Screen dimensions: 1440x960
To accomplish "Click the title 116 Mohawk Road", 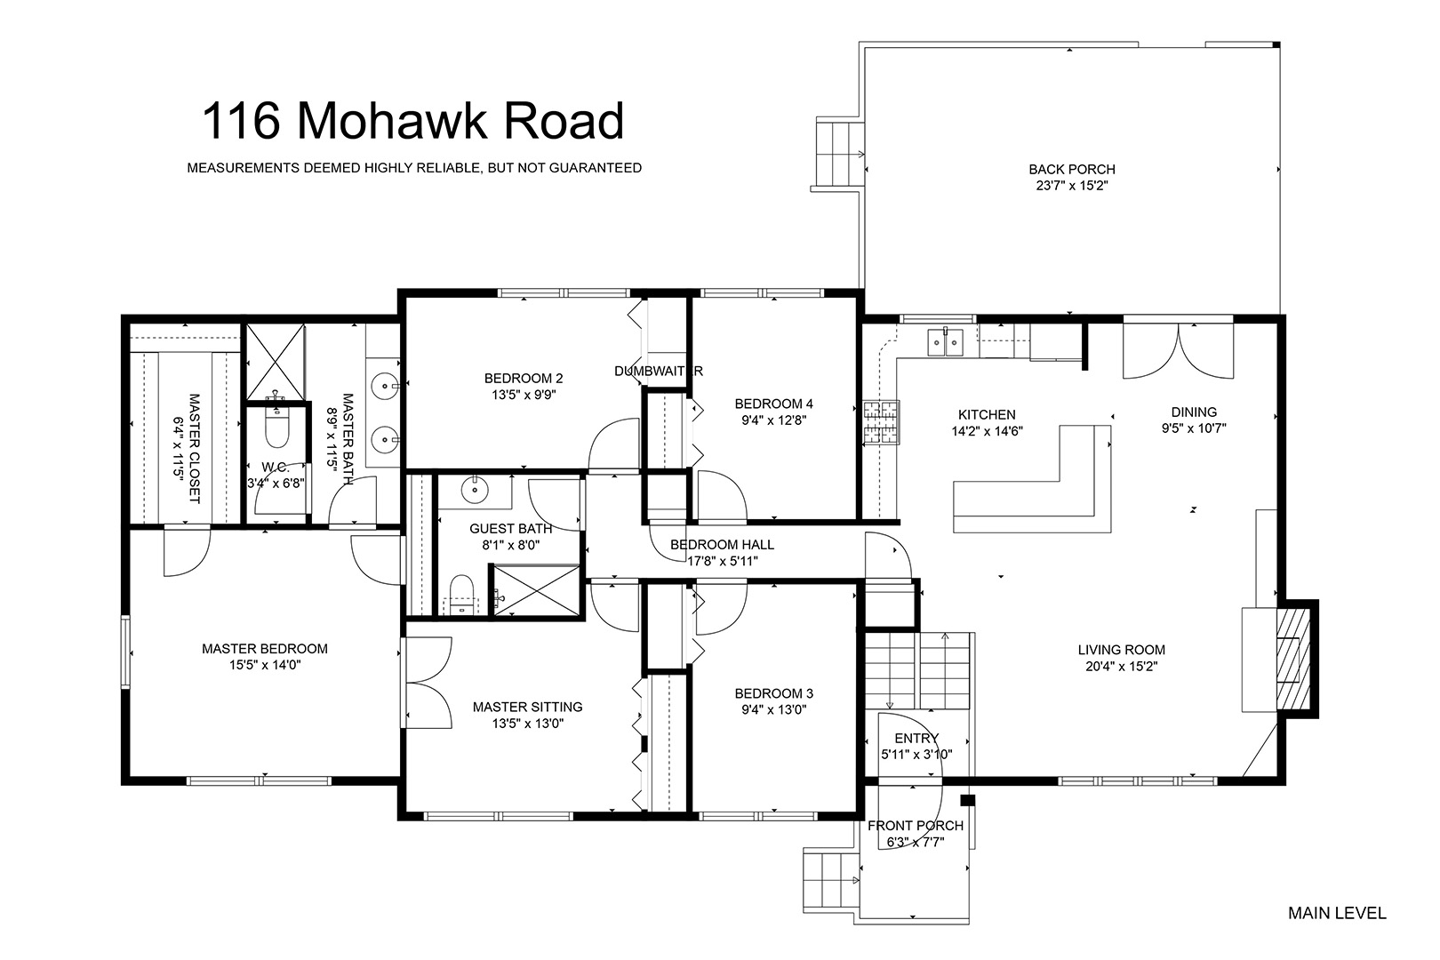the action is (412, 120).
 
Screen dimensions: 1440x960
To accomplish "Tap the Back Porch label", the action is (1072, 169).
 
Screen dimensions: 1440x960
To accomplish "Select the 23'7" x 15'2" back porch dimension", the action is (1072, 186).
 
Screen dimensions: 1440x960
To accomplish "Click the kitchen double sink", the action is (945, 342).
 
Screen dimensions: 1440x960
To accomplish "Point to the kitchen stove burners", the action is (882, 422).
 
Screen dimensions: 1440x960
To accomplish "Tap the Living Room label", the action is (1121, 650).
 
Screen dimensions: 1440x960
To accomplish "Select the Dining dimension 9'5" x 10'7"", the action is (1194, 428).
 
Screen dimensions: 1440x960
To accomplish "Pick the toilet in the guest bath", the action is (461, 594).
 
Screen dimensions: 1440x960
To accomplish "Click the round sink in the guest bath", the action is (475, 491).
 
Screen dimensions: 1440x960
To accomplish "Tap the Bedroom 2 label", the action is (524, 378).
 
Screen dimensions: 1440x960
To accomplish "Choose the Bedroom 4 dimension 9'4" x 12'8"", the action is (774, 420).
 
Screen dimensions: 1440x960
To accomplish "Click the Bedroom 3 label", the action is (774, 693).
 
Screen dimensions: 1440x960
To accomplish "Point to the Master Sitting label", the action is (528, 707).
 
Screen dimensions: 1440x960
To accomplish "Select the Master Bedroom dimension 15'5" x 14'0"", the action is (265, 665).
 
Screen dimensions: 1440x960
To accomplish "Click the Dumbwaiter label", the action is (659, 371).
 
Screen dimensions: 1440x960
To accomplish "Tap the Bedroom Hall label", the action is (722, 545).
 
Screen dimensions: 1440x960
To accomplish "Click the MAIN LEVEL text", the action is (1337, 913).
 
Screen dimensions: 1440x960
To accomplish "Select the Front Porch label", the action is (916, 826).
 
